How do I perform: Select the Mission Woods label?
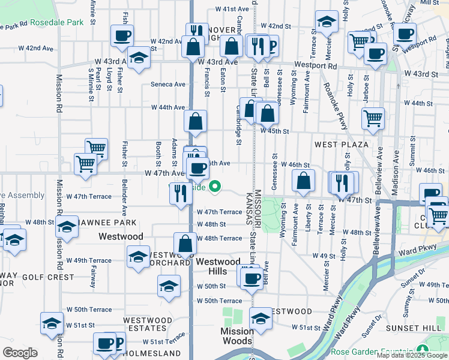(x=237, y=336)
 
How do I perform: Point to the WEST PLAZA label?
(x=341, y=145)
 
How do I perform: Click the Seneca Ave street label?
(x=168, y=85)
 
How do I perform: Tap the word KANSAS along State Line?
(x=248, y=208)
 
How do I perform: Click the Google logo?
(x=20, y=353)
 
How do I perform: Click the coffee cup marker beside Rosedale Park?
(x=122, y=35)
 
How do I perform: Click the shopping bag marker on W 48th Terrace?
(x=185, y=243)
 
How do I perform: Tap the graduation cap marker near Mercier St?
(x=326, y=22)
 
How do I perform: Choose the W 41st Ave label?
(x=232, y=10)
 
